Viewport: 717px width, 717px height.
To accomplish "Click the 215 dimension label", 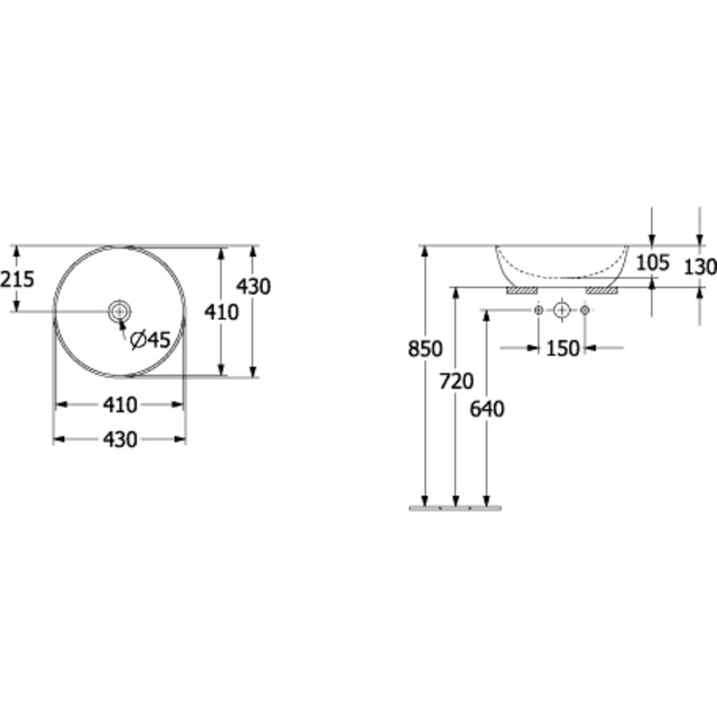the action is click(x=17, y=279).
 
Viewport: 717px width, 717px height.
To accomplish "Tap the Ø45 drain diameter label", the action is click(x=150, y=339).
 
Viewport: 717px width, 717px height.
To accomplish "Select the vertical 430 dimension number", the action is click(x=253, y=286).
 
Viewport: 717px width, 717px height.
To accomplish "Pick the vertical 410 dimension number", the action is click(x=221, y=312).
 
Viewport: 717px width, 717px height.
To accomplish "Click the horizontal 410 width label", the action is click(x=119, y=405).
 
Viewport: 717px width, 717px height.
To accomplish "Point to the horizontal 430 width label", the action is click(x=119, y=440).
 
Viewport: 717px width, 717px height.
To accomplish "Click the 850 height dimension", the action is click(x=425, y=349).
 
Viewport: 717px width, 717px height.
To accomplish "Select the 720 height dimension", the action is click(x=456, y=382).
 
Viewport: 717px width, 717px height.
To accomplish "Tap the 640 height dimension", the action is click(x=487, y=409).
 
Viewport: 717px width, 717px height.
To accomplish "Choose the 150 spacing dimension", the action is click(x=563, y=348).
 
